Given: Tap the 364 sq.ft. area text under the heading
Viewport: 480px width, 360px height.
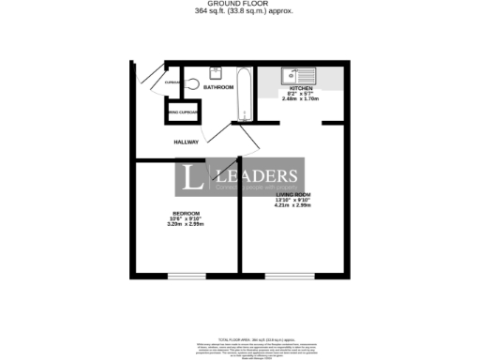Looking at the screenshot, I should pos(239,13).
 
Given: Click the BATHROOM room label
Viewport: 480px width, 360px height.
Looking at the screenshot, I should pos(217,87).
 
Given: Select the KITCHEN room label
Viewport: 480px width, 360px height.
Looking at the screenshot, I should pos(301,86).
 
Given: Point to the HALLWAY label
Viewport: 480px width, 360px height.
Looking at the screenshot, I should pos(186,142).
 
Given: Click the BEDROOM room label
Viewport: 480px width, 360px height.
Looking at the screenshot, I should pos(185,213).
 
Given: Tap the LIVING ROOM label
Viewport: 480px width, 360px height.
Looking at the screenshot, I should pos(292,194).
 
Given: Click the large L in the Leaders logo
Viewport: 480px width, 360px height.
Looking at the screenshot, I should pos(192,175).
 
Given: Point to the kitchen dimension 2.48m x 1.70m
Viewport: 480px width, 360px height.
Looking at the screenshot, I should pos(301,97).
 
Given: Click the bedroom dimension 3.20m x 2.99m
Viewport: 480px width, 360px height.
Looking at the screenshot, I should pos(185,224).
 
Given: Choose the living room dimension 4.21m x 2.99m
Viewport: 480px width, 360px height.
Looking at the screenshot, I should pos(292,205).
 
